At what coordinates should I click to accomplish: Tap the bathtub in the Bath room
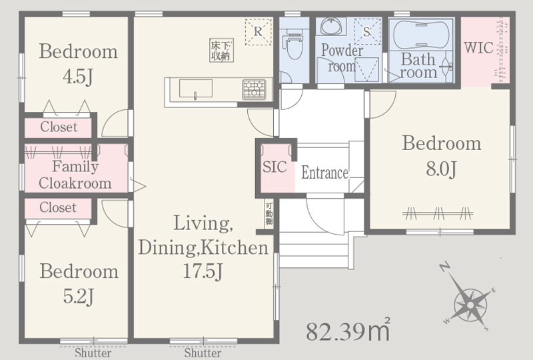coord(421,35)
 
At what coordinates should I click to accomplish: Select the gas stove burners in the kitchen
coord(255,89)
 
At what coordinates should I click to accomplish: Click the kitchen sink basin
coord(196,89)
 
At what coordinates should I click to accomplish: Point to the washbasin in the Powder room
coord(330,26)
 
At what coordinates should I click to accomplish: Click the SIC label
coord(274,167)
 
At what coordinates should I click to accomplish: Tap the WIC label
coord(478,47)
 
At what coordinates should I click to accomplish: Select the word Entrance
coord(324,173)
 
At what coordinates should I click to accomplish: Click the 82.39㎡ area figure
coord(348,330)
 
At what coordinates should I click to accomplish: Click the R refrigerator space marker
coord(259,31)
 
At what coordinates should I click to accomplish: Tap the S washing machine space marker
coord(367,31)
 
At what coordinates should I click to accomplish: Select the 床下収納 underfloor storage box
coord(221,51)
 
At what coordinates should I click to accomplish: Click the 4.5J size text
coord(78,77)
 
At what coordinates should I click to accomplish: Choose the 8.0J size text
coord(441,169)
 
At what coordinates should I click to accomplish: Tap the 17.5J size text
coord(203,271)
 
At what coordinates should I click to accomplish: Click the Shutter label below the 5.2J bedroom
coord(93,353)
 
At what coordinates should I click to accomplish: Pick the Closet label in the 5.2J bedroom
coord(58,207)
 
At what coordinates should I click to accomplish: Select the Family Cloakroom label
coord(75,175)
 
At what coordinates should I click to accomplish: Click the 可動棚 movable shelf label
coord(269,214)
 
